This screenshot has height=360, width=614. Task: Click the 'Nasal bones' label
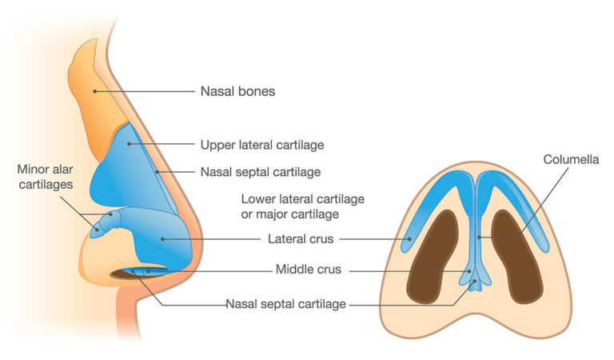click(237, 91)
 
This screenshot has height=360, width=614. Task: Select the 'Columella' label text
click(570, 160)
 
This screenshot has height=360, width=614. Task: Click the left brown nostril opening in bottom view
click(436, 254)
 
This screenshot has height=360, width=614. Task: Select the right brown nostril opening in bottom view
click(516, 254)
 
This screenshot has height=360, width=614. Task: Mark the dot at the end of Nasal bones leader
click(95, 91)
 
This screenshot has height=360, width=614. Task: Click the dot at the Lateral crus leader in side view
click(162, 238)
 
